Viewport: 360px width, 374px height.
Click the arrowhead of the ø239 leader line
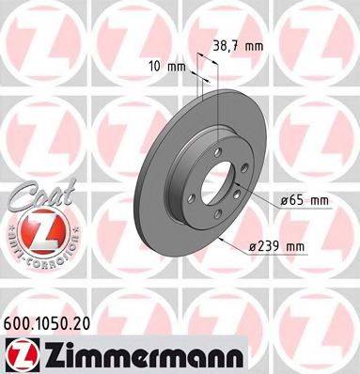coord(219,236)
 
